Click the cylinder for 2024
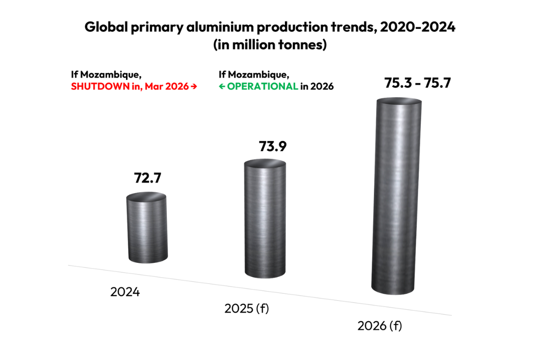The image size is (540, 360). (x=147, y=229)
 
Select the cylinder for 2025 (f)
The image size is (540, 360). (x=265, y=220)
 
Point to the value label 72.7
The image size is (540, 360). (x=147, y=178)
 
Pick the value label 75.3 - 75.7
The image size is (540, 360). (x=417, y=84)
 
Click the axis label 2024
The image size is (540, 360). (x=125, y=292)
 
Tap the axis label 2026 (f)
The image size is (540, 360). (x=379, y=326)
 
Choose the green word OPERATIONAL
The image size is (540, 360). (x=262, y=86)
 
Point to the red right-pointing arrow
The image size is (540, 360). (x=193, y=87)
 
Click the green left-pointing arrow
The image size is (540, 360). (x=222, y=87)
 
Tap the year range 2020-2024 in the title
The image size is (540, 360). (x=418, y=27)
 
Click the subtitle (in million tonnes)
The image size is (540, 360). (x=270, y=45)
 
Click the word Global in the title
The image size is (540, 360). (x=105, y=27)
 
